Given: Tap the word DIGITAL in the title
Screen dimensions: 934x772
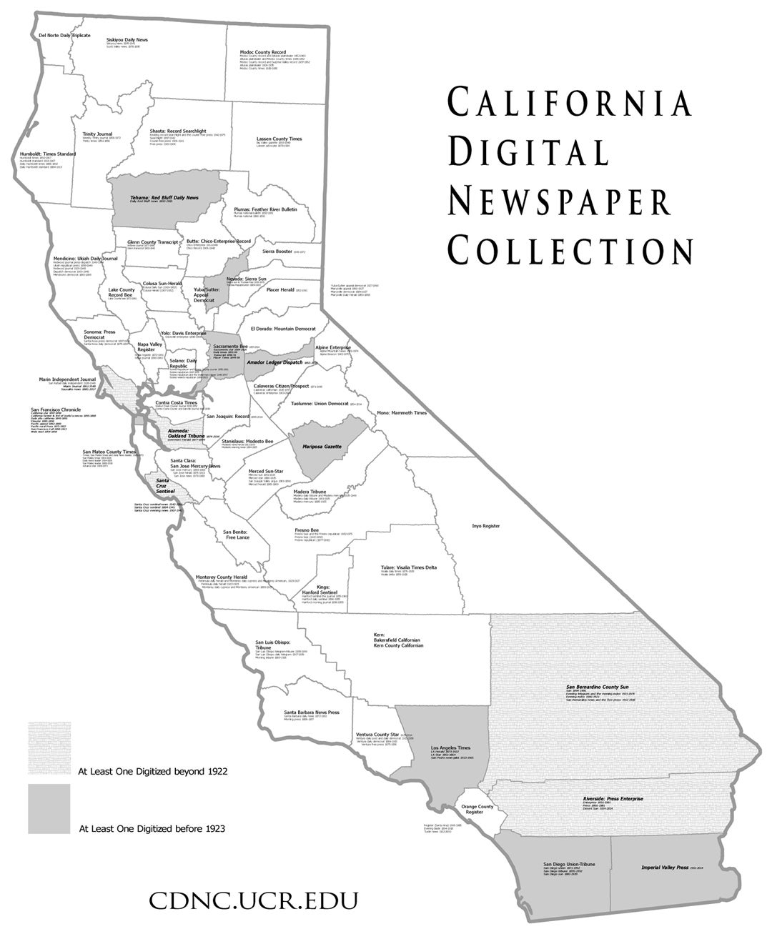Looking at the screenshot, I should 528,153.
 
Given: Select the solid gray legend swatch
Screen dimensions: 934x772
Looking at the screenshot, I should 49,808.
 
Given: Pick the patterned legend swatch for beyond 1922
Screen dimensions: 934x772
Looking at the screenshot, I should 49,748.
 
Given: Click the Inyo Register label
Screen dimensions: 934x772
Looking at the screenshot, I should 485,525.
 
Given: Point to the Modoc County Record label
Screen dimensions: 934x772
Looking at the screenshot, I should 262,52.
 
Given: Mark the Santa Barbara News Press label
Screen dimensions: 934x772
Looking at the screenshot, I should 311,712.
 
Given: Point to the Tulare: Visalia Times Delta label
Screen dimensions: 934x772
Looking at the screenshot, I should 408,567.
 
